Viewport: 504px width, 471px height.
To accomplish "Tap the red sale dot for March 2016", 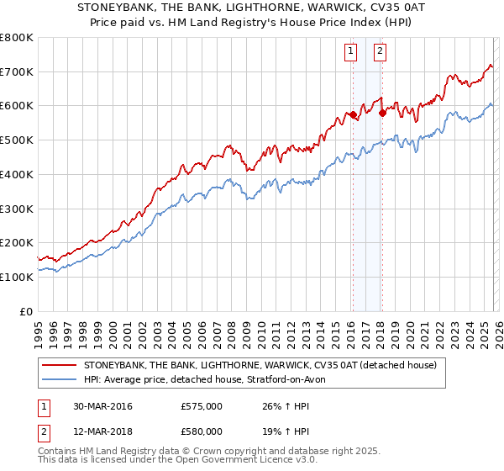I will tap(353, 114).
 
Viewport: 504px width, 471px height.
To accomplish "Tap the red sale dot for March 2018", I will tap(382, 112).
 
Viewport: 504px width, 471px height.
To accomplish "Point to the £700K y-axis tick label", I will tap(17, 71).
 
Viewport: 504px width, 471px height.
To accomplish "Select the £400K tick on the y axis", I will tap(17, 174).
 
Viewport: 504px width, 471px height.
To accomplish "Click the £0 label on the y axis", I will tap(25, 311).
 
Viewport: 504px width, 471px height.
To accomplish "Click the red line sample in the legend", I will tap(60, 366).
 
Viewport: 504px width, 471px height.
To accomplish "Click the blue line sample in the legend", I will tap(60, 380).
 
